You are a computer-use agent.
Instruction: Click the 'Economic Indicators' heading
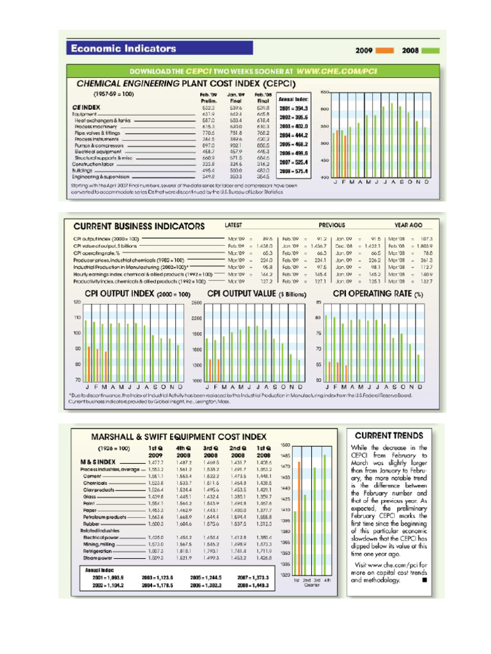123,48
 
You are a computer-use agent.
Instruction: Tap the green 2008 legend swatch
431,49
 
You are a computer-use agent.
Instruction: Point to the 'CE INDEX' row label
86,107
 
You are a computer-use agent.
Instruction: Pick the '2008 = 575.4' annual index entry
293,171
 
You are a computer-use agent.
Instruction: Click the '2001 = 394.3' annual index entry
293,109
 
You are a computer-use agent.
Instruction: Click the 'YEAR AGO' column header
409,225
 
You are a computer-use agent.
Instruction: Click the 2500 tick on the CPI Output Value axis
196,302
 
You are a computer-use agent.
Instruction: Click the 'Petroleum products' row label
107,517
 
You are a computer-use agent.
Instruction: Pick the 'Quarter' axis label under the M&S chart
313,584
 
